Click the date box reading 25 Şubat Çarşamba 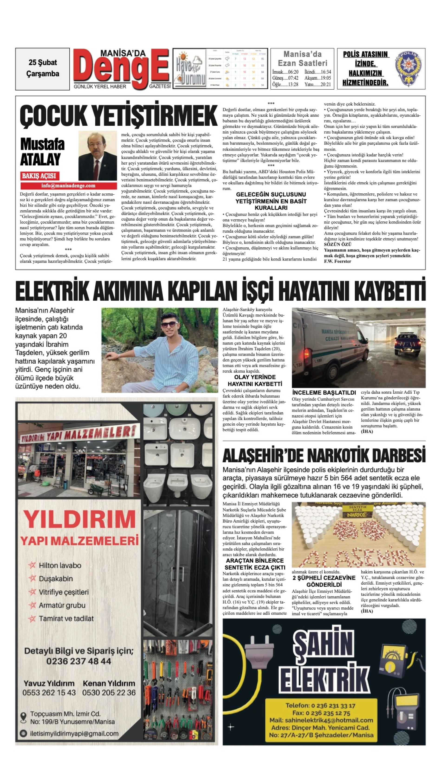pyautogui.click(x=42, y=68)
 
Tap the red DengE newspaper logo pyautogui.click(x=121, y=68)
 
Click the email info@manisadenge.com pyautogui.click(x=68, y=186)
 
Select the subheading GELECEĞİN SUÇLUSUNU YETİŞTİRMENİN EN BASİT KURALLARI pyautogui.click(x=271, y=201)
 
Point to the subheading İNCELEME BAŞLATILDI pyautogui.click(x=324, y=393)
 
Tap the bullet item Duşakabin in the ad pyautogui.click(x=56, y=578)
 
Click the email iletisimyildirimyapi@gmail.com pyautogui.click(x=74, y=733)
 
